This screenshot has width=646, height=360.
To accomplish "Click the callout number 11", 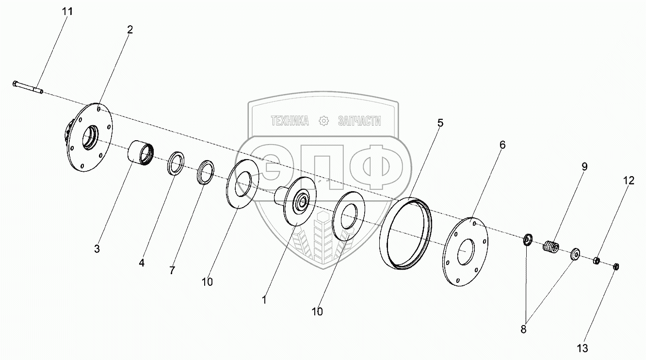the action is (x=67, y=12).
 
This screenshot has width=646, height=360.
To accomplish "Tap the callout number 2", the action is (x=130, y=30).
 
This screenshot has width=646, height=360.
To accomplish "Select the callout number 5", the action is (x=440, y=123).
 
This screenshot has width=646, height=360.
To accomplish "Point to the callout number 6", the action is (x=502, y=145).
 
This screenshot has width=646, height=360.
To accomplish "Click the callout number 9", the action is (x=584, y=167).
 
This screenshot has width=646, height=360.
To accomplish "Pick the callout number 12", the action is (x=629, y=181).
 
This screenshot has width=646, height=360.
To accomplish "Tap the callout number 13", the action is (x=582, y=349).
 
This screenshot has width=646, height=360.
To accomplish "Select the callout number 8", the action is (x=523, y=329).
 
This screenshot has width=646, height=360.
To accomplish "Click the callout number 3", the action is (x=97, y=249).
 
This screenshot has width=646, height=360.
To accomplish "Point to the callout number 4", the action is (x=142, y=263).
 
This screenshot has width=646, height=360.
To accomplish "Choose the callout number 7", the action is (x=172, y=271).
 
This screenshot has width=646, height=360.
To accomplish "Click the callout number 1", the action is (x=264, y=300).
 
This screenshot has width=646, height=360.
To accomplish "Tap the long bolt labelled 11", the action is (x=28, y=88).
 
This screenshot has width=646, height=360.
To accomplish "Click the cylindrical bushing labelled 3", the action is (x=141, y=153).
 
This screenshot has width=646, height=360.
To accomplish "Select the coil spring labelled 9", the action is (x=551, y=246).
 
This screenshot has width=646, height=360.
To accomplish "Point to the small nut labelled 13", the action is (x=615, y=267).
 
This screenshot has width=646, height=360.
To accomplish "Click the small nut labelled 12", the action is (x=596, y=261).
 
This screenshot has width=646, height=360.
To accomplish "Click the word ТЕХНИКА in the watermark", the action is (x=290, y=121).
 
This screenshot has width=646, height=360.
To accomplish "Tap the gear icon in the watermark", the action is (x=323, y=121).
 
